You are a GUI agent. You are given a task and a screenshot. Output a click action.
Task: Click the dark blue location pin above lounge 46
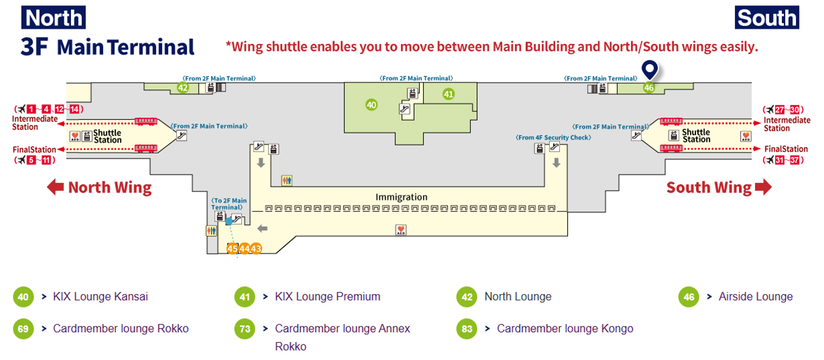(649, 70)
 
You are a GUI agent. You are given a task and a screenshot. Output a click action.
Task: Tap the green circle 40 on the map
(371, 104)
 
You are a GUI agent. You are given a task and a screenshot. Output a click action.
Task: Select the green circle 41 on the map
(448, 94)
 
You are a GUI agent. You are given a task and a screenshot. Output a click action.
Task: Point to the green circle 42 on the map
(182, 87)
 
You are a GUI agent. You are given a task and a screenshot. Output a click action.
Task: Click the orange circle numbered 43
(256, 248)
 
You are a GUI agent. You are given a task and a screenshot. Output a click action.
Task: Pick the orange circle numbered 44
(244, 248)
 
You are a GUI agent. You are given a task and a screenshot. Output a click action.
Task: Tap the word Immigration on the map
(402, 197)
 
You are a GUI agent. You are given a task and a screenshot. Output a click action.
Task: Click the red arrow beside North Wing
(55, 187)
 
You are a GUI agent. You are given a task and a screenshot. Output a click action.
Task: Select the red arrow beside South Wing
(763, 187)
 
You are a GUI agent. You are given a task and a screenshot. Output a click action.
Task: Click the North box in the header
(54, 17)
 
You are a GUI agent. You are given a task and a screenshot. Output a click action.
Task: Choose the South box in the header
(767, 17)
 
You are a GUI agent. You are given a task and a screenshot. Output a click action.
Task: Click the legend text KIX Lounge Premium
(327, 296)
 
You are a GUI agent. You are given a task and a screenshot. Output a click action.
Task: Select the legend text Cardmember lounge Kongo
(565, 328)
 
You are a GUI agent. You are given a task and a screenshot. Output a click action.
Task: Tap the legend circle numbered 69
(23, 329)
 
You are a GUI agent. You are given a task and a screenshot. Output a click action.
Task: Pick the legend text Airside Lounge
(755, 296)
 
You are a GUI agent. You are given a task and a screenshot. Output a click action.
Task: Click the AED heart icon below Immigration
(401, 229)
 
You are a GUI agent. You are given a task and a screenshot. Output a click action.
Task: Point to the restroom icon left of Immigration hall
(287, 181)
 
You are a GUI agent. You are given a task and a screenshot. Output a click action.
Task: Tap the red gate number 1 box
(31, 109)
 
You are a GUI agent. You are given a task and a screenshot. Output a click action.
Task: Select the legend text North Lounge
(518, 296)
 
